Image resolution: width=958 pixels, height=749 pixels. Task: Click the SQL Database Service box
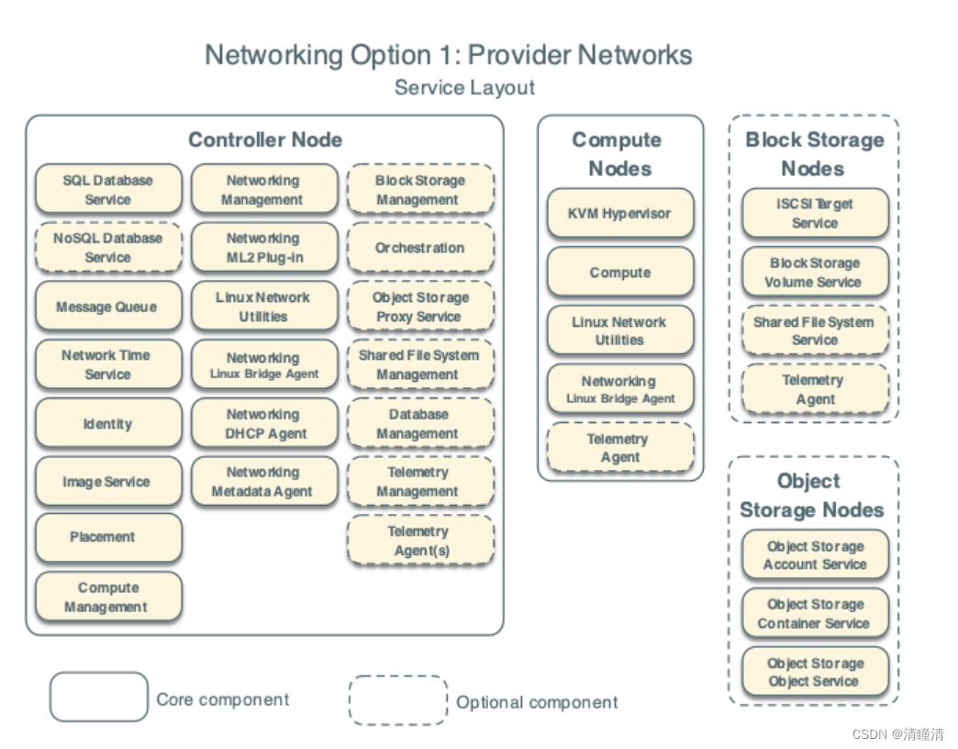click(x=108, y=190)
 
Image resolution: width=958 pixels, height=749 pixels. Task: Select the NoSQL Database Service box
click(x=108, y=248)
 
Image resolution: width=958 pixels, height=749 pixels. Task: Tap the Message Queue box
click(x=108, y=307)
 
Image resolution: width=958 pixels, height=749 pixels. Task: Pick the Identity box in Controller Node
click(x=108, y=423)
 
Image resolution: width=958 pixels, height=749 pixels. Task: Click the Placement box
click(x=108, y=537)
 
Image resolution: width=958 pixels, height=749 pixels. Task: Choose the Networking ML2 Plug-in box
click(x=264, y=248)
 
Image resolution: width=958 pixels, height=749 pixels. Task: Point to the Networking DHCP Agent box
click(x=264, y=424)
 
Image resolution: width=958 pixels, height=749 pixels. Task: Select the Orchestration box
click(x=420, y=248)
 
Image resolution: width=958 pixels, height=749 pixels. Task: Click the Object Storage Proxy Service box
click(x=420, y=307)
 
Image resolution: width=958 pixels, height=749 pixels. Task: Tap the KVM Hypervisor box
click(x=619, y=214)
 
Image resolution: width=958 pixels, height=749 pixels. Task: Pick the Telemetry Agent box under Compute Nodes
click(x=619, y=448)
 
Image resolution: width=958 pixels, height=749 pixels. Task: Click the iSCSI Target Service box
click(x=815, y=213)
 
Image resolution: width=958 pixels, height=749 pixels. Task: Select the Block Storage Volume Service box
click(x=815, y=273)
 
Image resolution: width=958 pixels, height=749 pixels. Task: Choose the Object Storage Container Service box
click(x=815, y=613)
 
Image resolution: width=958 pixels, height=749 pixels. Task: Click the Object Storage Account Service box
click(x=815, y=555)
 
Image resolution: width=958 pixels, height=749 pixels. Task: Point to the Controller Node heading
click(x=265, y=140)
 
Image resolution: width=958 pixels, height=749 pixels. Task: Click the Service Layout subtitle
click(x=464, y=88)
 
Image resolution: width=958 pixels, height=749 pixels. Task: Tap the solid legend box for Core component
click(x=98, y=698)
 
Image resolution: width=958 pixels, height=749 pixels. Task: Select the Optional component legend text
click(x=537, y=702)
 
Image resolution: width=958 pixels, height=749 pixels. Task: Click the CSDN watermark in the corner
click(x=897, y=734)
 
